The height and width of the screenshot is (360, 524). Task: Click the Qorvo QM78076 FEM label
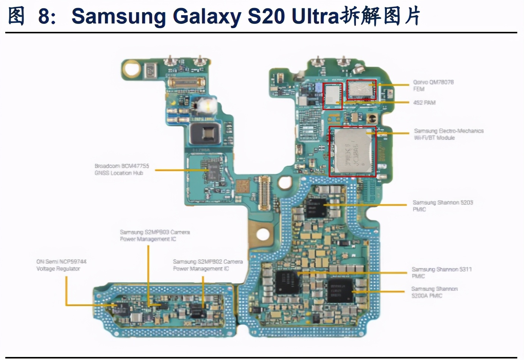[x=433, y=85]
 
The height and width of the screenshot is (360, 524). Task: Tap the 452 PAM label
[x=424, y=102]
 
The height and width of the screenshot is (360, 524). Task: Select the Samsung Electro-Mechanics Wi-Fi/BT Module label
[x=449, y=134]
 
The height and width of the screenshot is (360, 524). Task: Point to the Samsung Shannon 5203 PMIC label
[x=443, y=206]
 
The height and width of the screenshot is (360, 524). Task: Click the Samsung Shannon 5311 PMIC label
[x=441, y=272]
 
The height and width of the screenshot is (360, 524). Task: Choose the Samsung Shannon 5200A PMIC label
[x=434, y=292]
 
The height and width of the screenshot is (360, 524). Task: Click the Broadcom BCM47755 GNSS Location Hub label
[x=122, y=169]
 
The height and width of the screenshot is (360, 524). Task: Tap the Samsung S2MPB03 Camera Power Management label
[x=154, y=235]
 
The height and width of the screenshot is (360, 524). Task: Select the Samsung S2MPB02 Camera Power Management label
[x=207, y=265]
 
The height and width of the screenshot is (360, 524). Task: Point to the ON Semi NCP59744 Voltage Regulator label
[x=61, y=265]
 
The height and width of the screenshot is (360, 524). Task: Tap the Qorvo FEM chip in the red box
[x=361, y=90]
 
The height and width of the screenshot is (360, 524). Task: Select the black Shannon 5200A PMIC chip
[x=340, y=291]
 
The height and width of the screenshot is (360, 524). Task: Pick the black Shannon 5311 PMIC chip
[x=287, y=282]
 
